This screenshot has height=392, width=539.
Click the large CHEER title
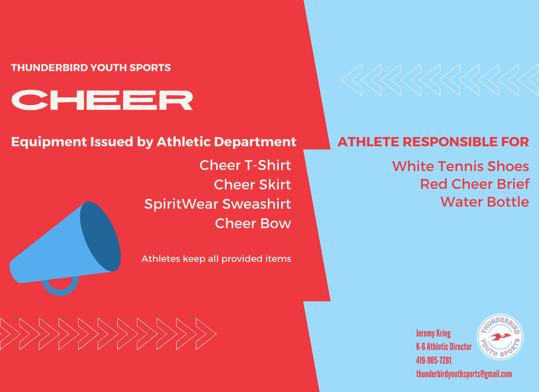tap(102, 100)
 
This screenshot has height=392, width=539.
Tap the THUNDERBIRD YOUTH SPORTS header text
tap(91, 68)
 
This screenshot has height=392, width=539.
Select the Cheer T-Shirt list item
tap(245, 165)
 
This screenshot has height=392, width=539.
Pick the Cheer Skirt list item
tap(253, 185)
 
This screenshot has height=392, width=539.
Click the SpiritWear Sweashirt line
tap(218, 204)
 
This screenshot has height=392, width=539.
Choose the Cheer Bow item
tap(253, 223)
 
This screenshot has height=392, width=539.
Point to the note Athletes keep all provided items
tap(216, 259)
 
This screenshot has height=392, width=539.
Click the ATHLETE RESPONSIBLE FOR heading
tap(433, 142)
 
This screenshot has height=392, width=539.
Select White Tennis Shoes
tap(461, 166)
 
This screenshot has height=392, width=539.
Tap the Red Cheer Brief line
tap(475, 184)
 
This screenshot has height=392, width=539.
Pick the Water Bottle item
tap(485, 202)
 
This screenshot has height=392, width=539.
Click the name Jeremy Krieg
tap(433, 333)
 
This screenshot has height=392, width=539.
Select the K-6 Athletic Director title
tap(444, 347)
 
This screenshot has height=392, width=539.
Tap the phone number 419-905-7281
tap(434, 360)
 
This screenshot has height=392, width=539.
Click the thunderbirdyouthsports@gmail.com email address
tap(464, 374)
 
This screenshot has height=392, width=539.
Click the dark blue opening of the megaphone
tap(100, 236)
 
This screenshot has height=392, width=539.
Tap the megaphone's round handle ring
tap(60, 291)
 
